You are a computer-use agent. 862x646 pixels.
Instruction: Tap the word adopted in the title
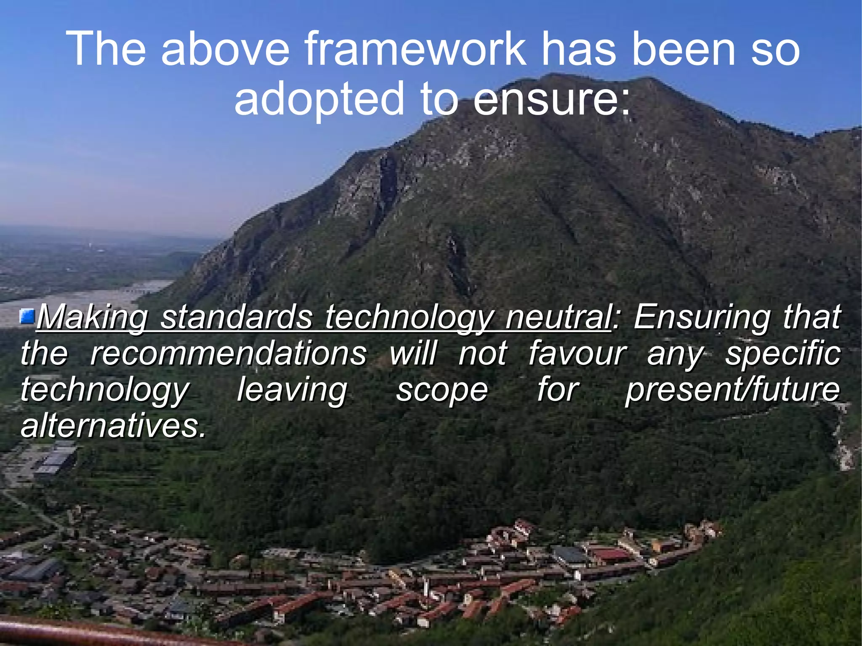point(319,99)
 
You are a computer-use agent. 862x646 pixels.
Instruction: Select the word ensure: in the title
point(552,99)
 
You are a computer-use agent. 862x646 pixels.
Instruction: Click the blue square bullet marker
point(28,316)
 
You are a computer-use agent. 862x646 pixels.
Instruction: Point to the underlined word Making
point(92,318)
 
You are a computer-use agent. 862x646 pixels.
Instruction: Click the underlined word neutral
point(558,317)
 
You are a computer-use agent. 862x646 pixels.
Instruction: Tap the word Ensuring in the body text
point(702,318)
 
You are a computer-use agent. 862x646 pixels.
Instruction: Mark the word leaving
point(292,390)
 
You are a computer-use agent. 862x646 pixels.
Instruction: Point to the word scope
point(442,390)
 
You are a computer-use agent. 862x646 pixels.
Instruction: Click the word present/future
point(733,390)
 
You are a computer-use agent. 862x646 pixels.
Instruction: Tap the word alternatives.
point(113,426)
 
